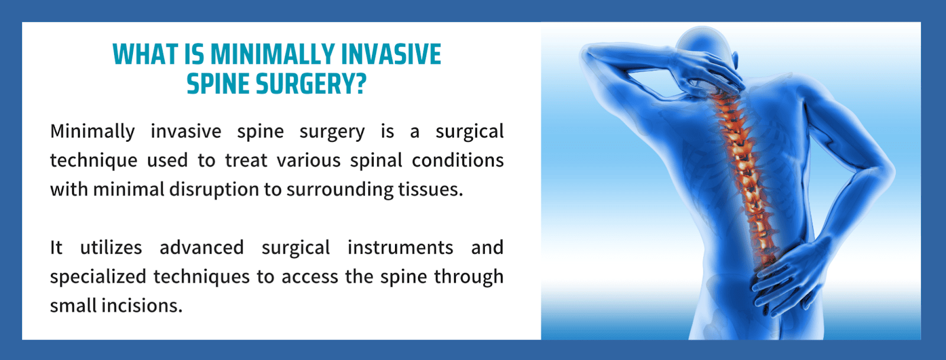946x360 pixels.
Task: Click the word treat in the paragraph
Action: [246, 160]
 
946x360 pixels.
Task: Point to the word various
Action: [309, 160]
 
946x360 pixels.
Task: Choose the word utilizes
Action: [111, 247]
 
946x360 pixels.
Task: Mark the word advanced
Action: [202, 247]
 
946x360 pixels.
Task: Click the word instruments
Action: [400, 247]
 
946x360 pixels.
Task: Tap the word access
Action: [310, 277]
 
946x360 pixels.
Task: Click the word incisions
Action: [142, 306]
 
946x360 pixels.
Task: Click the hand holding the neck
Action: [710, 72]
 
